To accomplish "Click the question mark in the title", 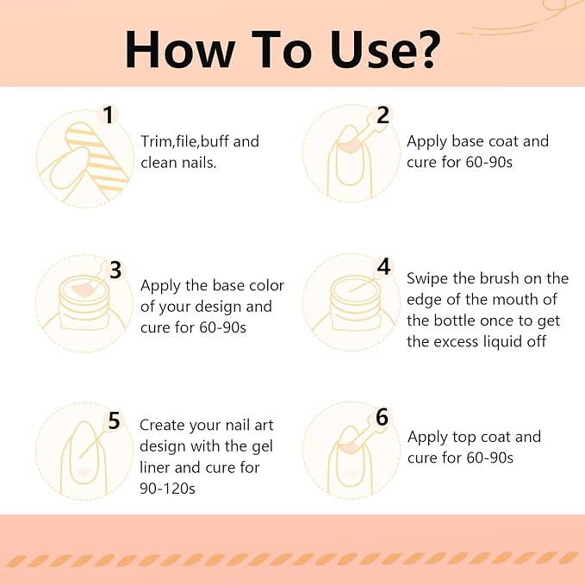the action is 426,49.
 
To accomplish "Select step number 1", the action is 109,115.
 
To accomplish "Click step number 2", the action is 383,115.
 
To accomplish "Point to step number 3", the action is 115,270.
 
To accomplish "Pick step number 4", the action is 384,266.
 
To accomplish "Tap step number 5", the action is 114,420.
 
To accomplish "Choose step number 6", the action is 382,417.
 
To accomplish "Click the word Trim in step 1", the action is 156,141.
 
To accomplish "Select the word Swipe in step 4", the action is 427,279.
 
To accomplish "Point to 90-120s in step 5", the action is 167,488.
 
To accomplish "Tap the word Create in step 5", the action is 162,425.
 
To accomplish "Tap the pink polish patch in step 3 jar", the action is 83,289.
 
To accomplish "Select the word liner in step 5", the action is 155,467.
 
